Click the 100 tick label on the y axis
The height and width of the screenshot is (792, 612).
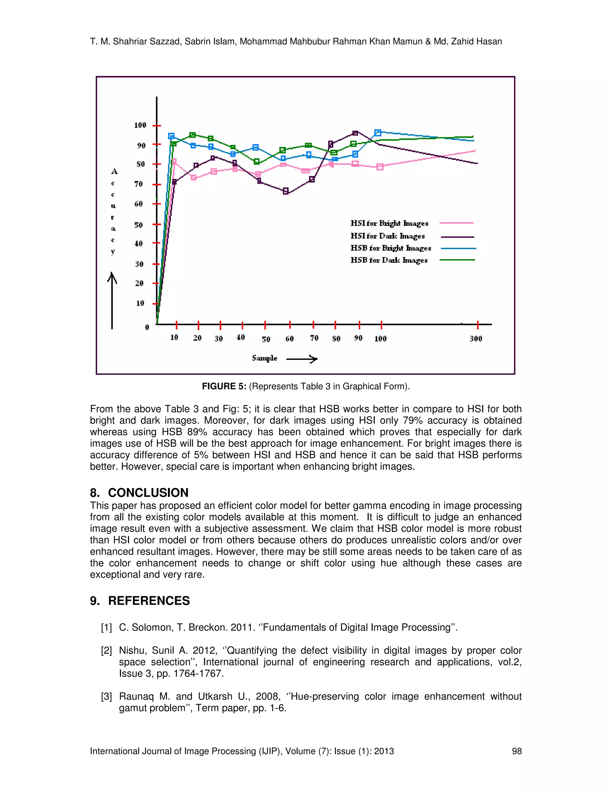click(140, 126)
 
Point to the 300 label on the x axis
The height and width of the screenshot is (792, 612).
click(476, 339)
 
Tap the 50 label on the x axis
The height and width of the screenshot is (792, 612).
click(266, 340)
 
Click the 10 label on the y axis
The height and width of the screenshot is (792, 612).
click(140, 303)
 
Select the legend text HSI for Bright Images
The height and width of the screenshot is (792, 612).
click(389, 223)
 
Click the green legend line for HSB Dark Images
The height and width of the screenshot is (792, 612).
click(457, 260)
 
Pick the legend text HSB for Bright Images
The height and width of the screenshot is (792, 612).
click(391, 248)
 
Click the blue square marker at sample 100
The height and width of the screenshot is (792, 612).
click(378, 133)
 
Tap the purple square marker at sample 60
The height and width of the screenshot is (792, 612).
click(286, 191)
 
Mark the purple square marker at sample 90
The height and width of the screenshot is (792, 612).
click(355, 133)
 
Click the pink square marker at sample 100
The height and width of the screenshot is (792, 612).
click(380, 167)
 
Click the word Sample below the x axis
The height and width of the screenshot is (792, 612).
click(264, 358)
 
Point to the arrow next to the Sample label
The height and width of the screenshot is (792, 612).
click(302, 359)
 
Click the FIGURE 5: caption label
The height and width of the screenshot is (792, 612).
click(224, 386)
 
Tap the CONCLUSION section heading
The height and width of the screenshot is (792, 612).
click(148, 493)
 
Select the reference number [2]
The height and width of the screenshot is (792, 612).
click(106, 651)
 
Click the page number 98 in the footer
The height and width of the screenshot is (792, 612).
click(517, 751)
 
